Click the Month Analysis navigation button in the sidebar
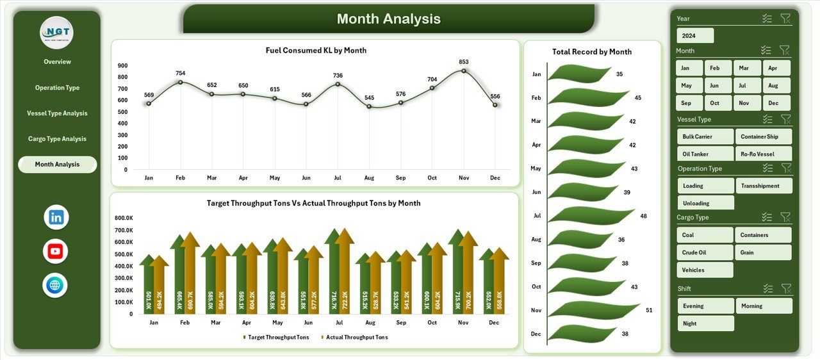pyautogui.click(x=57, y=165)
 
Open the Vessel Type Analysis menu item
pyautogui.click(x=57, y=113)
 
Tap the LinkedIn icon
pyautogui.click(x=56, y=217)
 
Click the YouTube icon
pyautogui.click(x=56, y=251)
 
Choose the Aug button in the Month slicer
pyautogui.click(x=773, y=85)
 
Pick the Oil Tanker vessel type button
pyautogui.click(x=705, y=154)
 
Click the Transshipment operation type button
pyautogui.click(x=764, y=186)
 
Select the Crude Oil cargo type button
pyautogui.click(x=705, y=252)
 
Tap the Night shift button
pyautogui.click(x=705, y=323)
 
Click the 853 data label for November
pyautogui.click(x=464, y=62)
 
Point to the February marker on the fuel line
pyautogui.click(x=181, y=82)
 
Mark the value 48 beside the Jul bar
pyautogui.click(x=643, y=216)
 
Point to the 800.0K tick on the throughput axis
pyautogui.click(x=124, y=218)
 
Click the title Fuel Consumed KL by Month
pyautogui.click(x=316, y=51)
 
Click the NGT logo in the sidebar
pyautogui.click(x=57, y=32)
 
